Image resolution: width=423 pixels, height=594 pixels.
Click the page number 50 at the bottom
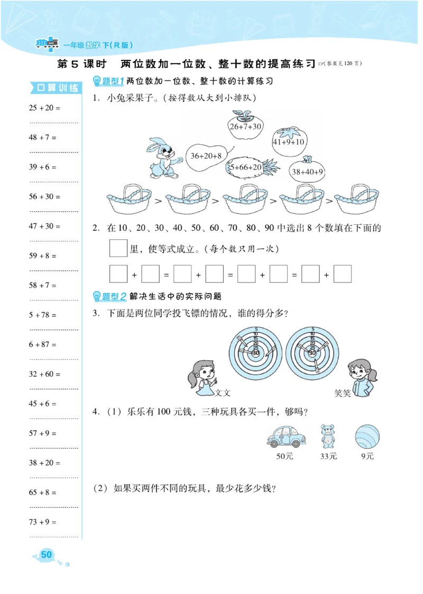click(x=47, y=555)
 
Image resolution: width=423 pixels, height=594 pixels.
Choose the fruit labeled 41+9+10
click(x=288, y=140)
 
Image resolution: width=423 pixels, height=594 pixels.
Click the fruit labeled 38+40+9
click(x=307, y=170)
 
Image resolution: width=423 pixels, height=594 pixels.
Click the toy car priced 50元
click(x=284, y=436)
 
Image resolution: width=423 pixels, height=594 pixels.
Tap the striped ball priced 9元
click(x=367, y=436)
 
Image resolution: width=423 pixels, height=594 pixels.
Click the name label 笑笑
click(x=342, y=393)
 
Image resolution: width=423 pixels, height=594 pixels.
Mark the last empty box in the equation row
click(x=343, y=275)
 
